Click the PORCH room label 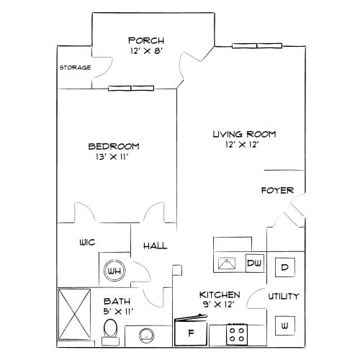pos(146,40)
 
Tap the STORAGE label pos(75,68)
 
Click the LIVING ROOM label pos(243,135)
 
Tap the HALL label pos(155,246)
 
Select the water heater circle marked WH pos(113,271)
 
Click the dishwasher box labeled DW pos(254,264)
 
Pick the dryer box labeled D pos(284,267)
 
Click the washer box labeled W pos(285,326)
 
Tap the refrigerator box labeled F pos(191,333)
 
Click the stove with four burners pos(236,333)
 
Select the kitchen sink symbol pos(228,264)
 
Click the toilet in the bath pos(109,330)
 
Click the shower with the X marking pos(74,314)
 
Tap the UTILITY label pos(284,297)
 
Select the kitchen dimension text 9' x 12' pos(220,305)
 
